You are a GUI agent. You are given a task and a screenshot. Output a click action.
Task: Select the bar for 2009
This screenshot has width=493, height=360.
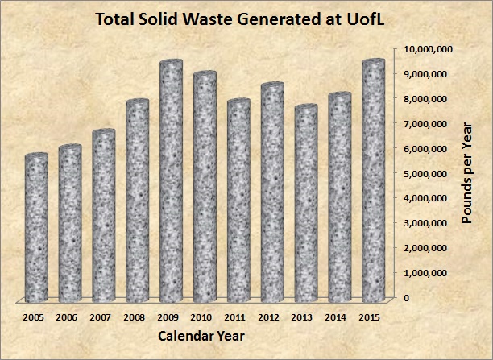point(170,177)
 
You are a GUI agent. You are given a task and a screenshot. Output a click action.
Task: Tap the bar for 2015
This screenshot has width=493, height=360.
point(373,177)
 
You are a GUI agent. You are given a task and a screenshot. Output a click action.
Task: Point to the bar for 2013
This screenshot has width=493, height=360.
point(305,201)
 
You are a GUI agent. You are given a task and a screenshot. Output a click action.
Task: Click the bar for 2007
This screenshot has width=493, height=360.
point(103,213)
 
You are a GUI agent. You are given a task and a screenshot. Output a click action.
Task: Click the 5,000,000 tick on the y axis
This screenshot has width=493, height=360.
point(427,173)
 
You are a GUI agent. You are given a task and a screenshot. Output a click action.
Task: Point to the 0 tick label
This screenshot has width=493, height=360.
point(405,297)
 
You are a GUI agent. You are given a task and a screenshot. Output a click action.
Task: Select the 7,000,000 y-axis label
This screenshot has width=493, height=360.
point(427,123)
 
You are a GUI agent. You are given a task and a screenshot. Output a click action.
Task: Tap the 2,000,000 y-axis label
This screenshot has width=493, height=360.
point(427,248)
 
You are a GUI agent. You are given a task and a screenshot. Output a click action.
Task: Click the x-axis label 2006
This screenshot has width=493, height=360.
point(68,317)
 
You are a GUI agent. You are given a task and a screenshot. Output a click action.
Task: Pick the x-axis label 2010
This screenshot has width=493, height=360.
point(202,317)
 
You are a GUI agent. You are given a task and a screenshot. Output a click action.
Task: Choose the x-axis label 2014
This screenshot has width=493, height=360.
point(338,317)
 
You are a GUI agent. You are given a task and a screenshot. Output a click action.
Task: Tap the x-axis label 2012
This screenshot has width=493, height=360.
point(270,317)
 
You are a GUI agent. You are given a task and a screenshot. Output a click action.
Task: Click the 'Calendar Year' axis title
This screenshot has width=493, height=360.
point(201,335)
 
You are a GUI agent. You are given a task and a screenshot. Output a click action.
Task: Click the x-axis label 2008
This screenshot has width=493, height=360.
point(135,317)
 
